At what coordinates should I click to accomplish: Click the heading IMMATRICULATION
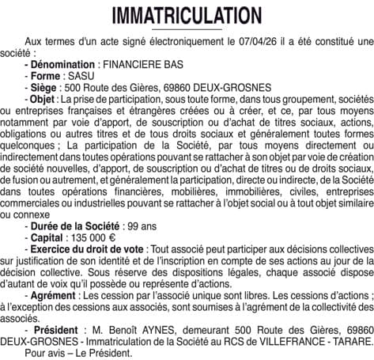(187, 16)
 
